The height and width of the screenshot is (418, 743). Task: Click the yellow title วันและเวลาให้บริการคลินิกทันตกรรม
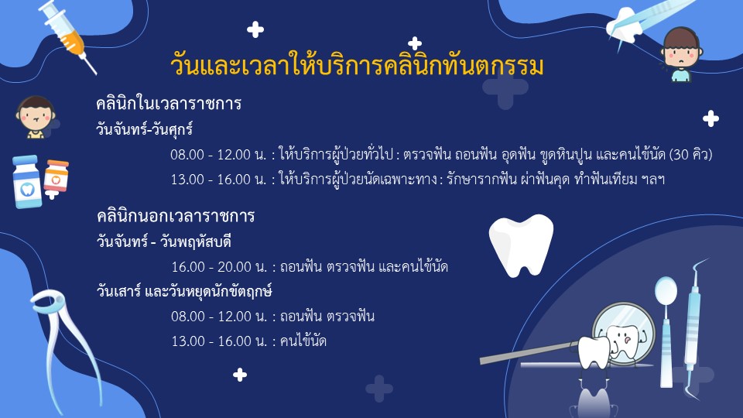357,65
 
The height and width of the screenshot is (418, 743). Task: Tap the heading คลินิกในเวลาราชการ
169,103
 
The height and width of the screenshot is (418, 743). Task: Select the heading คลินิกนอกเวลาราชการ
176,216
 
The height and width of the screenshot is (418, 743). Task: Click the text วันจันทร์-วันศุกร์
144,129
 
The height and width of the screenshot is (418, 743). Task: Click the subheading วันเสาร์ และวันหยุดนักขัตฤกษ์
184,290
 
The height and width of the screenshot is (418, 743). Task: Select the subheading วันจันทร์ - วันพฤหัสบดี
163,242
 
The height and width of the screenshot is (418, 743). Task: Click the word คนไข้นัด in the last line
303,341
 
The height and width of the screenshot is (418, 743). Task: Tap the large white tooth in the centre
521,245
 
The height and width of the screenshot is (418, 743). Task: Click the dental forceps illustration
67,346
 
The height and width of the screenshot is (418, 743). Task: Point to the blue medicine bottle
27,182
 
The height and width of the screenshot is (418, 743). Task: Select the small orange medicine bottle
56,176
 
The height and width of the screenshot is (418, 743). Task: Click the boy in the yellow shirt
36,118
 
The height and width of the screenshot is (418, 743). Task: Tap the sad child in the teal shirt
681,54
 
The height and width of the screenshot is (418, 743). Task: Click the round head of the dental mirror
666,290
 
